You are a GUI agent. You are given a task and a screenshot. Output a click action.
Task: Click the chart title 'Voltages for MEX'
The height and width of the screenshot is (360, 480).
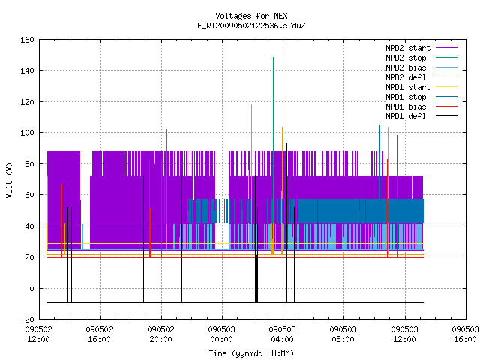pos(251,16)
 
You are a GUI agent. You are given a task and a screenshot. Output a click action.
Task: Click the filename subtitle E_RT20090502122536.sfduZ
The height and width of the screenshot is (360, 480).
pos(251,25)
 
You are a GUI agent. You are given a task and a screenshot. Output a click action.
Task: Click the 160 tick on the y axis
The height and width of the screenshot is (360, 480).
pos(27,40)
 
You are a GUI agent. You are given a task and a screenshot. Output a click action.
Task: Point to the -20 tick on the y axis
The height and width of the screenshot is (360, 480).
pos(27,319)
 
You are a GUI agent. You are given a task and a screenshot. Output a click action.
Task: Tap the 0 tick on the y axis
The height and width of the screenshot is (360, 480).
pos(31,288)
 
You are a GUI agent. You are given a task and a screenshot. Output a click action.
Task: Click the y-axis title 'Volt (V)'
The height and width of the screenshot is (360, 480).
pos(10,180)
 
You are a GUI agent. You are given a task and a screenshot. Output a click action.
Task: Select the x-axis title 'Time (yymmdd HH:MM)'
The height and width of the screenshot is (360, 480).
pos(251,353)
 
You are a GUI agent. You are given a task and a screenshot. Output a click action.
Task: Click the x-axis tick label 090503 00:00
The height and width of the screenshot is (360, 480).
pos(222,334)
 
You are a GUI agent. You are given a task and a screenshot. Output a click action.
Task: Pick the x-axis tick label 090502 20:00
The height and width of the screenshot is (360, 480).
pos(160,334)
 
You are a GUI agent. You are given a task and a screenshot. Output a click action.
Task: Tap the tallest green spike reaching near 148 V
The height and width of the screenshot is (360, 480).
pos(273,153)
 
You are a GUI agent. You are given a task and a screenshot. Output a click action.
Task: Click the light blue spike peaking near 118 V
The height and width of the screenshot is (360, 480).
pos(252,165)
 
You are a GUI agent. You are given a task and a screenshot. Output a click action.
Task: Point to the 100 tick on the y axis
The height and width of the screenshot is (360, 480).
pos(27,133)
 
